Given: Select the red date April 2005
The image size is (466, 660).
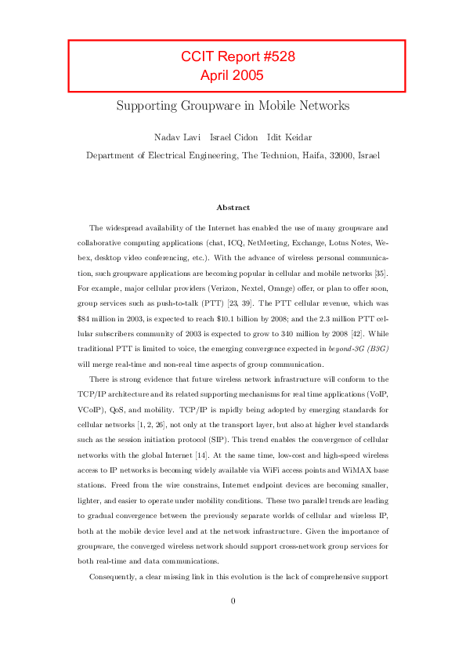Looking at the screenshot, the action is pyautogui.click(x=232, y=76).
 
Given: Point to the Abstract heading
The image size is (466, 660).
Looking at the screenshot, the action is pyautogui.click(x=233, y=208).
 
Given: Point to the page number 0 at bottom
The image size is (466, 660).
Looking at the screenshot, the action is pyautogui.click(x=233, y=601).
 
